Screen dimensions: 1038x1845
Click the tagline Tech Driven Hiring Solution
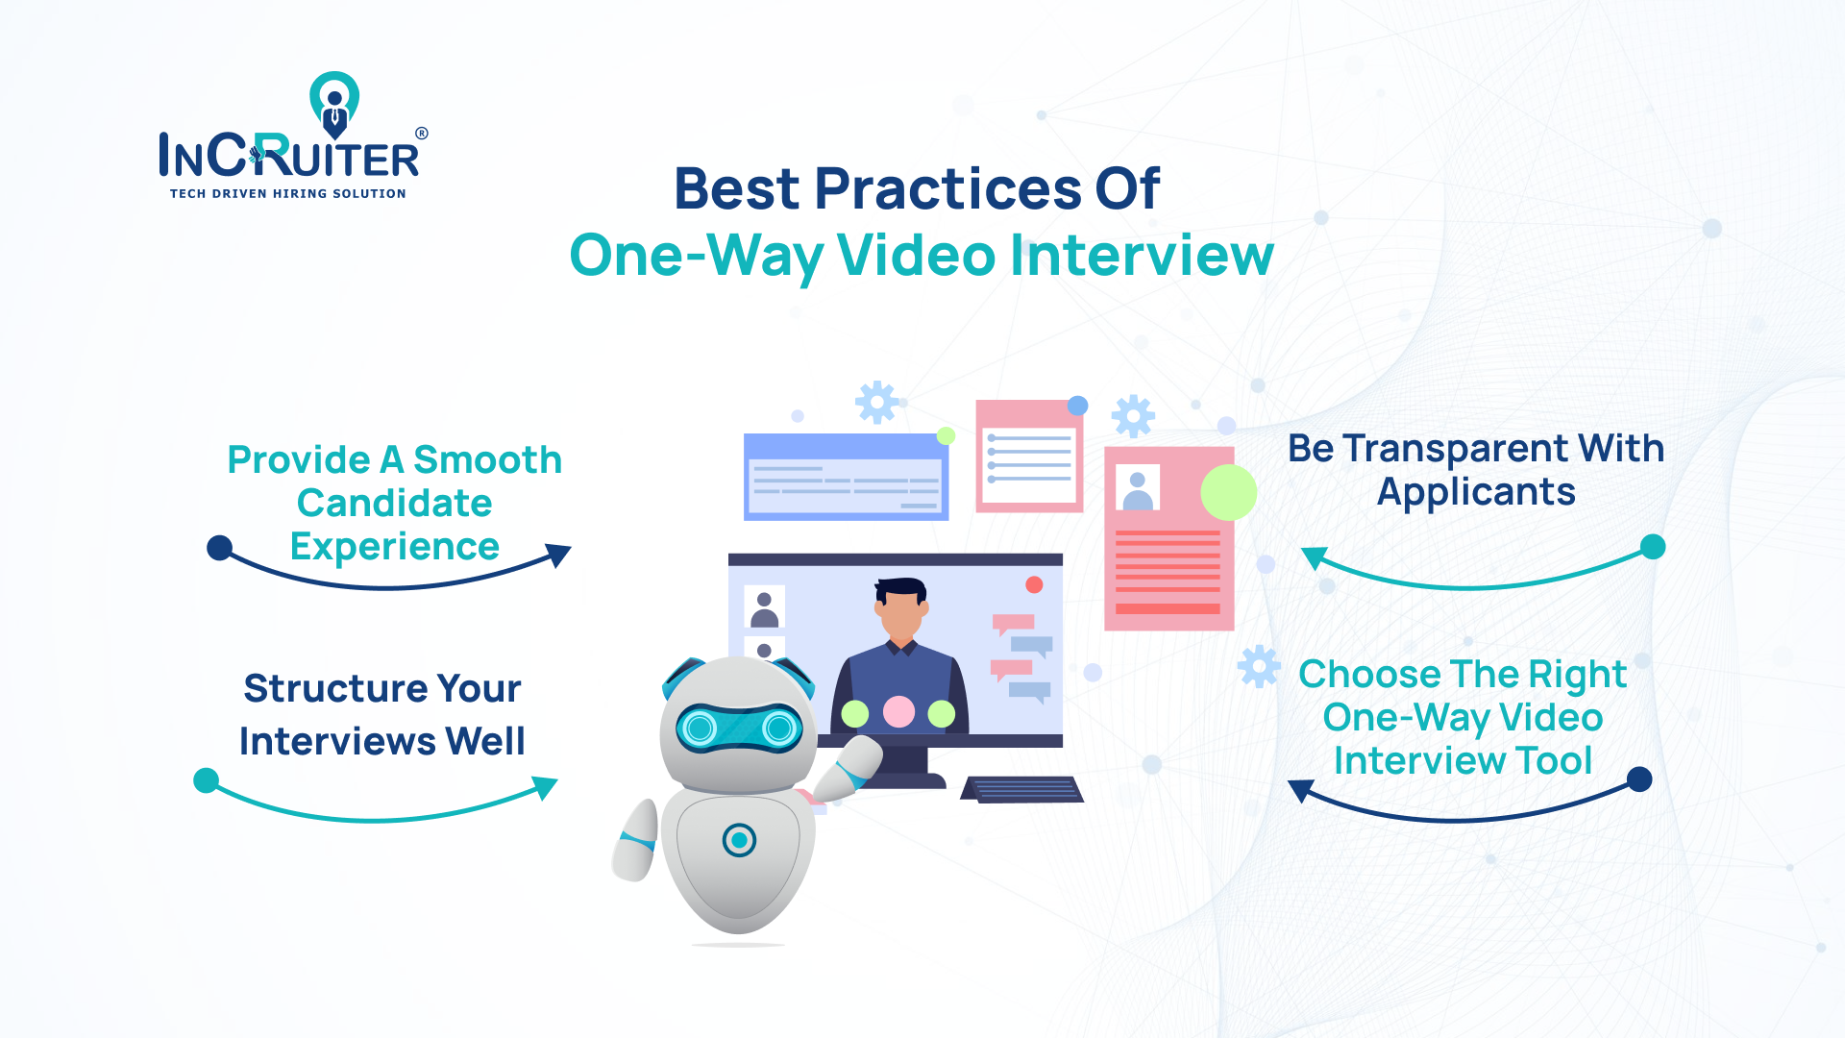(287, 193)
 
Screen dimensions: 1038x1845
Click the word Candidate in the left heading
(394, 503)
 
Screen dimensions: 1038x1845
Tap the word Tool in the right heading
(1553, 760)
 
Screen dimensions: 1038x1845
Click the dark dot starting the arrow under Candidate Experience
(220, 548)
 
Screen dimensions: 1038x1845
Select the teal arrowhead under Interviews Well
(545, 787)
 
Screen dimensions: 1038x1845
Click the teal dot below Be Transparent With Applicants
(1652, 547)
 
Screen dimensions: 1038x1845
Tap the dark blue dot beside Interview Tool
(1639, 778)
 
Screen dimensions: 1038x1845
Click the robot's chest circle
(739, 840)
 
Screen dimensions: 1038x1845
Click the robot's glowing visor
(739, 729)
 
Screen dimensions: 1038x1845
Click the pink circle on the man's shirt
(898, 712)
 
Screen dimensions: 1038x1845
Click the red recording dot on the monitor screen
(1034, 584)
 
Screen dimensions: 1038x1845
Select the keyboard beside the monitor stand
(1022, 789)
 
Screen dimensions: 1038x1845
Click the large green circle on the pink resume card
(1228, 492)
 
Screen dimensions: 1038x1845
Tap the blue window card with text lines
(846, 477)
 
